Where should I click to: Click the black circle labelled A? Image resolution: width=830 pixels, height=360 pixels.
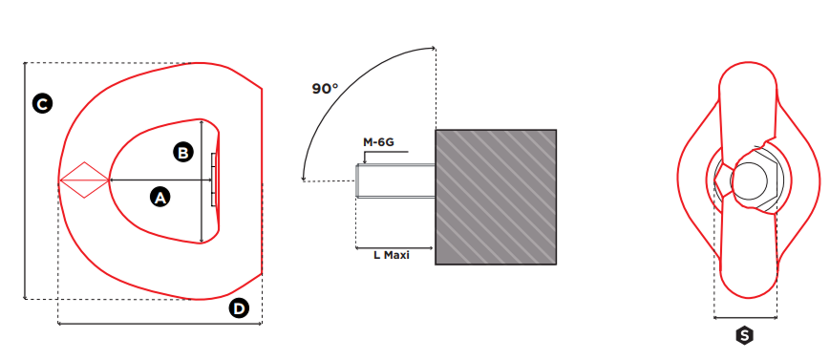point(160,198)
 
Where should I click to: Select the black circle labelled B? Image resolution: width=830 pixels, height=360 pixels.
point(183,153)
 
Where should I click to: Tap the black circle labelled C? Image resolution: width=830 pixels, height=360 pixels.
point(42,103)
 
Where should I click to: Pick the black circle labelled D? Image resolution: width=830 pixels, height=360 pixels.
point(239,308)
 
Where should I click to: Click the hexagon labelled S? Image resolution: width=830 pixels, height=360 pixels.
point(745,335)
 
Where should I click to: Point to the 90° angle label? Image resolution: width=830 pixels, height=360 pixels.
point(325,89)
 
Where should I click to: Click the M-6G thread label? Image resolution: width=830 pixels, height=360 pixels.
point(378,142)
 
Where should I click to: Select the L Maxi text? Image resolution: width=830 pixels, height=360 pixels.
point(392,255)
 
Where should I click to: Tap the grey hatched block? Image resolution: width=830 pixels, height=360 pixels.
point(496,197)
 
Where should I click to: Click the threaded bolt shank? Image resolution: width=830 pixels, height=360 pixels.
point(395,181)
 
